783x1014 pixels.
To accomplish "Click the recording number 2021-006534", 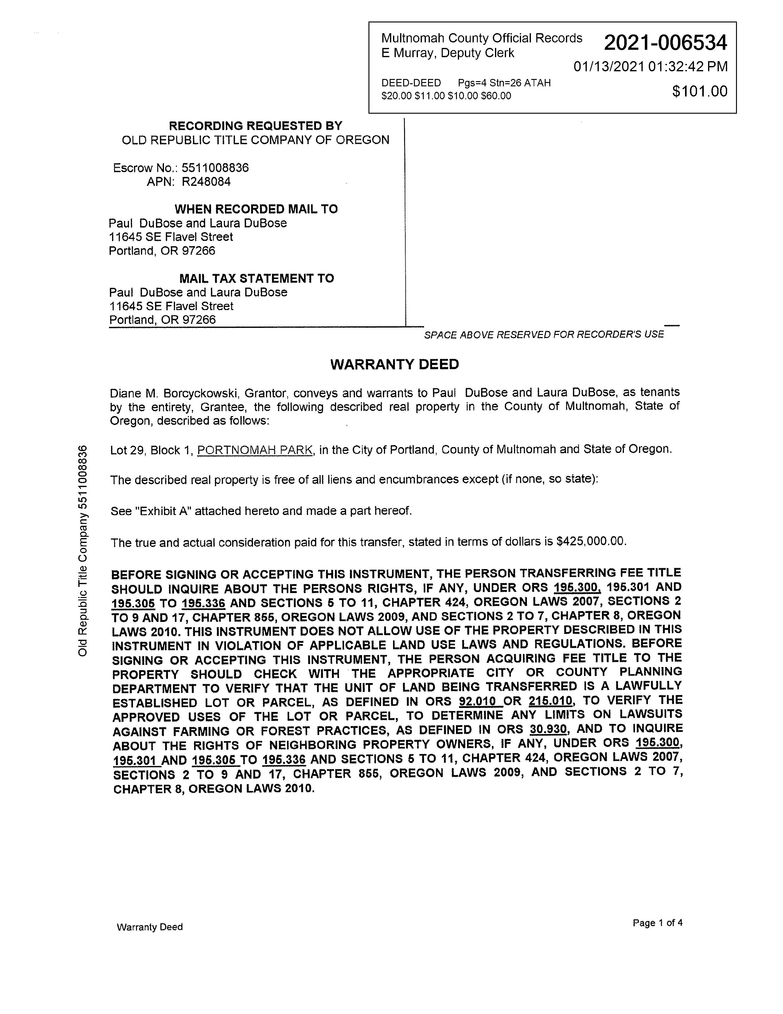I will pyautogui.click(x=665, y=43).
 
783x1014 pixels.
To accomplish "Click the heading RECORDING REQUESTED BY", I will pyautogui.click(x=255, y=126).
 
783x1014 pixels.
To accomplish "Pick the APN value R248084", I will pyautogui.click(x=206, y=182).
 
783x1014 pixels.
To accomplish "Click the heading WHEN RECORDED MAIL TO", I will pyautogui.click(x=256, y=209).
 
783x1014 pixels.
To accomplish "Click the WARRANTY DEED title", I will pyautogui.click(x=394, y=364).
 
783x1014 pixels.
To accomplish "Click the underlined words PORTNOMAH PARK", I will pyautogui.click(x=255, y=450).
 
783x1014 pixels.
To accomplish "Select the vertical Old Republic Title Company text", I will pyautogui.click(x=83, y=551).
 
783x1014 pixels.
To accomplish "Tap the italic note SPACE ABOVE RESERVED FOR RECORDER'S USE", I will pyautogui.click(x=543, y=334).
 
